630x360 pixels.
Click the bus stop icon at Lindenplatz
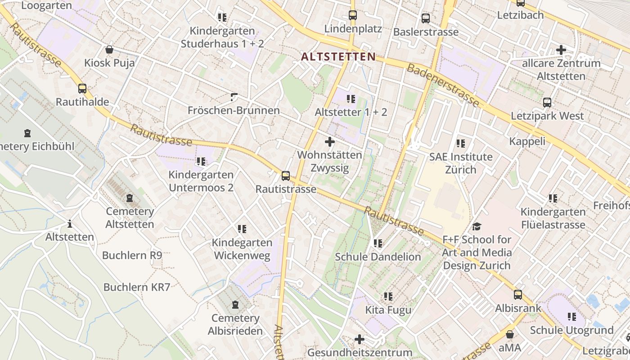click(353, 15)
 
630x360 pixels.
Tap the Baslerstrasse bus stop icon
click(425, 18)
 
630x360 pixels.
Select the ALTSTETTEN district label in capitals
click(338, 57)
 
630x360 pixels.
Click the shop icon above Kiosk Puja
click(109, 49)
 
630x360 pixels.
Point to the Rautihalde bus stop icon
click(82, 89)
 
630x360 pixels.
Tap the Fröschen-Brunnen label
click(234, 110)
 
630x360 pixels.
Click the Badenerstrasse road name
click(443, 85)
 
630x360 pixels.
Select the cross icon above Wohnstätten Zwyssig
click(330, 142)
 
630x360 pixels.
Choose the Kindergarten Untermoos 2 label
click(201, 181)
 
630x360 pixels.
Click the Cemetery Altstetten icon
click(130, 198)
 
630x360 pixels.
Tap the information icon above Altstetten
click(69, 224)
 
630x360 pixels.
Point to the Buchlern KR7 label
click(137, 287)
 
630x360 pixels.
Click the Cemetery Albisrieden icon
click(235, 305)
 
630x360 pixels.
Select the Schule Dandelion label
click(378, 257)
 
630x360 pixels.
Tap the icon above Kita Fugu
click(388, 297)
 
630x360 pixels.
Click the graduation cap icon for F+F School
click(477, 226)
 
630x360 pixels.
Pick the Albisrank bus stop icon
click(518, 295)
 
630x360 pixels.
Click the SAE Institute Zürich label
click(461, 163)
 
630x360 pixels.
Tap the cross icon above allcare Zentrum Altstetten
click(561, 49)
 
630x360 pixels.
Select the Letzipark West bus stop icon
click(547, 103)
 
